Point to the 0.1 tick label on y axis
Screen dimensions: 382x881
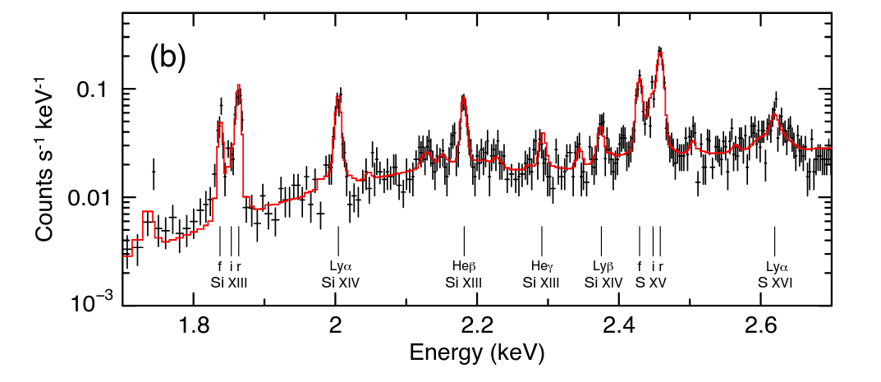(x=94, y=90)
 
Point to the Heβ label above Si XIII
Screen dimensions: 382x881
(x=464, y=266)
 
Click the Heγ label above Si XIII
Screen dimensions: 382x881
(x=541, y=266)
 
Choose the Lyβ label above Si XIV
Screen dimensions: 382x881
(x=603, y=266)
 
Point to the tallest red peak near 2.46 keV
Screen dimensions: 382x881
(x=659, y=49)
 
